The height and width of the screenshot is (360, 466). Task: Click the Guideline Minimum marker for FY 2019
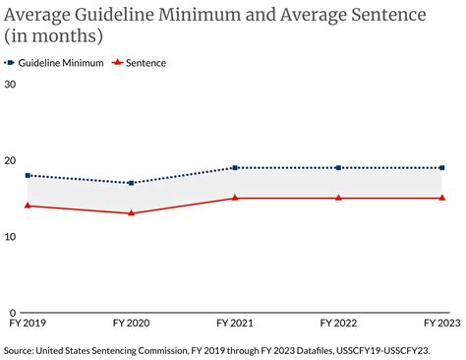coord(28,176)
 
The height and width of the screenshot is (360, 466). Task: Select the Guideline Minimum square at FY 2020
coord(132,183)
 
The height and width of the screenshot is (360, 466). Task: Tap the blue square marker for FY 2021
coord(235,168)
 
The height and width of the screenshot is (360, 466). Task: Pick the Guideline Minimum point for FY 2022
coord(338,168)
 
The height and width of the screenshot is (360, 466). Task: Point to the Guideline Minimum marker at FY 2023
coord(442,168)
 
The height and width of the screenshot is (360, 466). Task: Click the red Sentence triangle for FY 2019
coord(28,206)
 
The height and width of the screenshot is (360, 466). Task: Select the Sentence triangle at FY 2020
coord(132,213)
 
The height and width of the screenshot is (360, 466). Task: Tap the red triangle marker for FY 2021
coord(235,198)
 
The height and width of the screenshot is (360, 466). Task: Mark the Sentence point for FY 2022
coord(338,198)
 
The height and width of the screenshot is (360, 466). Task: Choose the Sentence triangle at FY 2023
coord(442,198)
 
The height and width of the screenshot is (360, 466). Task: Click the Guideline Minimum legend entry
coord(54,63)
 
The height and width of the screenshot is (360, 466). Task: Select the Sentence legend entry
coord(139,63)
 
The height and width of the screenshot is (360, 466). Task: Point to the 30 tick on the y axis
coord(10,85)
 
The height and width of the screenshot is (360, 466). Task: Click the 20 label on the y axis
coord(10,160)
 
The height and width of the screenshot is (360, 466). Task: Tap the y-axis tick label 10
coord(10,236)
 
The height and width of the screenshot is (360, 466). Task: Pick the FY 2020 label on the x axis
coord(132,323)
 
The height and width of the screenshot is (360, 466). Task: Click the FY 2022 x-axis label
coord(338,323)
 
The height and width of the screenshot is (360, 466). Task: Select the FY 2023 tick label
coord(442,323)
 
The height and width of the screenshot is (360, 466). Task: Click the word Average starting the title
coord(37,15)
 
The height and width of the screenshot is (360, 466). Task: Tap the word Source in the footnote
coord(19,351)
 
